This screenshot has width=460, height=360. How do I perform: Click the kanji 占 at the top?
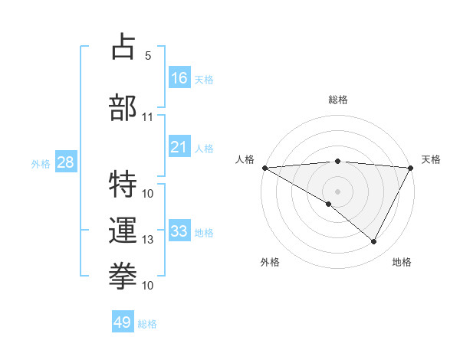124,47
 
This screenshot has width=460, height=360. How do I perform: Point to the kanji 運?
124,229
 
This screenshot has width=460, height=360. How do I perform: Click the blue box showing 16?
179,78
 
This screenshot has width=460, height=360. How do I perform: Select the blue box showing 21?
179,147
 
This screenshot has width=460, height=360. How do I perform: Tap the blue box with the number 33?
179,231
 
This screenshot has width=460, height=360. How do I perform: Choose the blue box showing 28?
65,162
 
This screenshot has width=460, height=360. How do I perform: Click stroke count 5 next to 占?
148,56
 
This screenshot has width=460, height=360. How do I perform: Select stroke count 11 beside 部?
148,117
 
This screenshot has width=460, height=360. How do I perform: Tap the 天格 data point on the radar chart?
411,168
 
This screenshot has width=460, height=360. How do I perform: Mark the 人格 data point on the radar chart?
264,168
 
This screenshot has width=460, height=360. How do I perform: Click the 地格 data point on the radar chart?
374,241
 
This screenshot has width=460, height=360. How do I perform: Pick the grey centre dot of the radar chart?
337,191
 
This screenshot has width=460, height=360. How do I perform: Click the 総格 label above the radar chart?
337,100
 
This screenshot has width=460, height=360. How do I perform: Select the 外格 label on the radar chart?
270,262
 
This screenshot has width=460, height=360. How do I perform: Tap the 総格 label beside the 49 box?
147,324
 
